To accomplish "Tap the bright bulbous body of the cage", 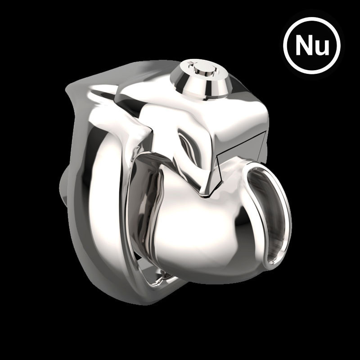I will (198, 234).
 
